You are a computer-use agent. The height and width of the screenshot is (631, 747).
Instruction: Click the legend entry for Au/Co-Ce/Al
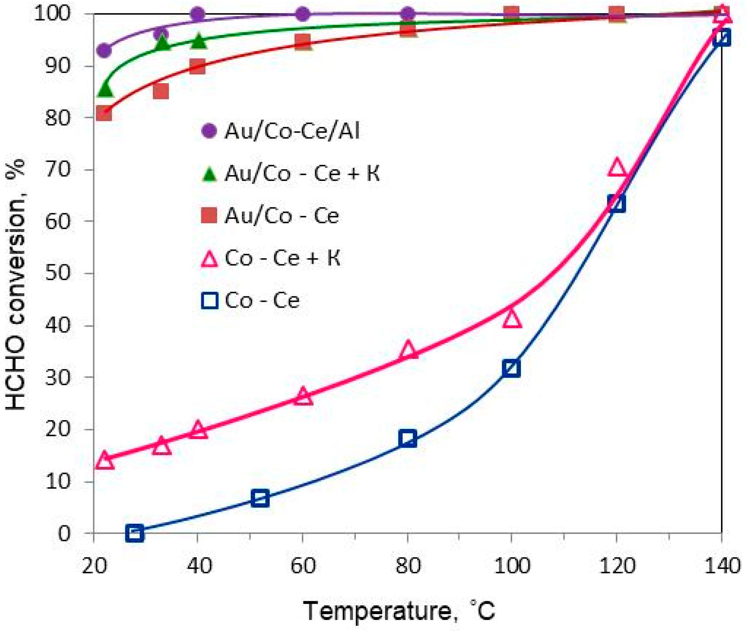click(x=292, y=131)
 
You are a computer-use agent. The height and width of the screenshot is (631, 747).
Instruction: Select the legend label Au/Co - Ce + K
click(x=302, y=174)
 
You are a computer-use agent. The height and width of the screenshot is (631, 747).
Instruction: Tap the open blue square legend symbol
click(x=209, y=300)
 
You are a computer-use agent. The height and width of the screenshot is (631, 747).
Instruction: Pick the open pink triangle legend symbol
click(x=209, y=259)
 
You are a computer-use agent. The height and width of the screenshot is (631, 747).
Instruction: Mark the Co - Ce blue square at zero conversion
click(x=135, y=533)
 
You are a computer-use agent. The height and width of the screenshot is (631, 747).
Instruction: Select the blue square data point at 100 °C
click(x=511, y=368)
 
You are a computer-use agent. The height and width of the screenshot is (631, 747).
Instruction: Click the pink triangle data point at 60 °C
click(x=303, y=396)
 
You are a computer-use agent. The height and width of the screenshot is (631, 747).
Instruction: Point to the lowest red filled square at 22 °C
click(x=103, y=113)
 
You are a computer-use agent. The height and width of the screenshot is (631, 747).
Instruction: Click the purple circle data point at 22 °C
click(x=104, y=50)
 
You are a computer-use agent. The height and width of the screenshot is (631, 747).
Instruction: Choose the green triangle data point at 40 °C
click(x=199, y=41)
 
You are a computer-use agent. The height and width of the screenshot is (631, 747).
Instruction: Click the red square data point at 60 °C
click(x=303, y=42)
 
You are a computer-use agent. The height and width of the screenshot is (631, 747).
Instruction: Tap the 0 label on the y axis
click(x=64, y=533)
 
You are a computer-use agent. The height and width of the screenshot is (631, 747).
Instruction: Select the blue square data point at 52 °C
click(x=260, y=498)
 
